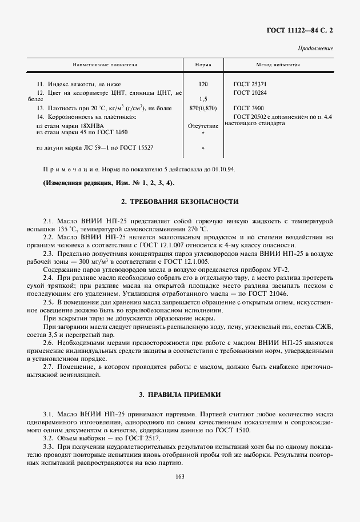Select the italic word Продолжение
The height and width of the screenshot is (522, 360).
point(317,49)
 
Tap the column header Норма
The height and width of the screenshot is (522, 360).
point(203,65)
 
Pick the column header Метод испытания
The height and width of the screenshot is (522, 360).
point(279,65)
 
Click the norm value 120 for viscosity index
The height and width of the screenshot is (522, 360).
point(203,84)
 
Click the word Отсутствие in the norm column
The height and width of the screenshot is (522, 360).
point(203,125)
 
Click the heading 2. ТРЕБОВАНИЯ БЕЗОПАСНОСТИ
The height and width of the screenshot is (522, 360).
point(180,203)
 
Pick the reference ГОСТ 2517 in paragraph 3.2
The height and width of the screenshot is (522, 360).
point(143,437)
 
